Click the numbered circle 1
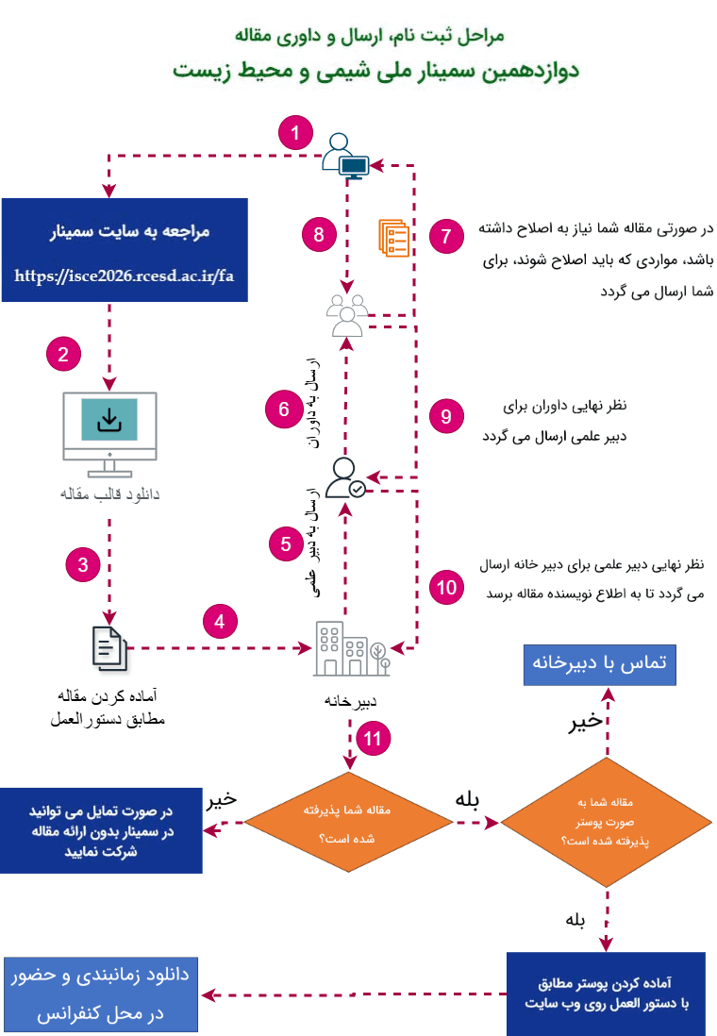click(295, 133)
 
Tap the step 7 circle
click(446, 236)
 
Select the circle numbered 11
click(373, 738)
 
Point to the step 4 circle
click(220, 621)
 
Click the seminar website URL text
click(125, 276)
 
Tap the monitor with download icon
click(109, 434)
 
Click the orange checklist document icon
click(393, 238)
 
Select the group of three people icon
click(347, 315)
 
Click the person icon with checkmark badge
click(345, 477)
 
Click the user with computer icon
click(345, 156)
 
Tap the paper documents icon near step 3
click(109, 648)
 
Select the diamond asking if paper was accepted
click(348, 823)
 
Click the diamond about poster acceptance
click(606, 822)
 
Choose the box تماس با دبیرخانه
click(599, 664)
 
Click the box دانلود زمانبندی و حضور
click(100, 994)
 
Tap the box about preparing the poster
click(606, 994)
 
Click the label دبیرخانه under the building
click(350, 701)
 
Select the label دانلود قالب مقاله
click(109, 493)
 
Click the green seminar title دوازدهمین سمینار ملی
click(375, 71)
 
